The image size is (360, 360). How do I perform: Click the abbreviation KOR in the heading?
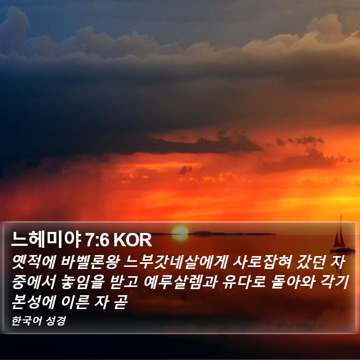click(133, 240)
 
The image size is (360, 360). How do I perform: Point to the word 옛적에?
click(34, 262)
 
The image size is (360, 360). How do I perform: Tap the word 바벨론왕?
click(91, 262)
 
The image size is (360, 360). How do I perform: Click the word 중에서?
click(34, 282)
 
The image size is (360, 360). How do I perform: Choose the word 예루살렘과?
click(181, 282)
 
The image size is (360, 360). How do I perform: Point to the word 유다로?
click(244, 282)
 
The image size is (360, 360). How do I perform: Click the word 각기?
click(334, 282)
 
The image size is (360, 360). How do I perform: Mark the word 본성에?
click(34, 302)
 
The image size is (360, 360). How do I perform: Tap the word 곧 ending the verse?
click(120, 302)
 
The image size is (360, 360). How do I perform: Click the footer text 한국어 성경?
click(39, 321)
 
